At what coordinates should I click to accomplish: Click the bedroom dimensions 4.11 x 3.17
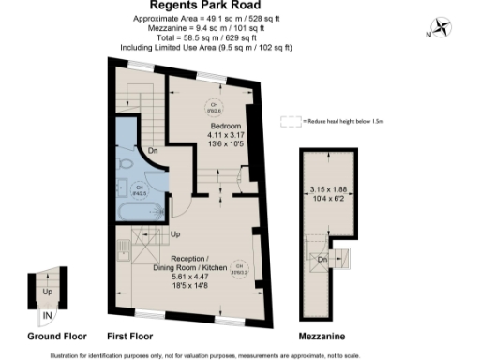[x=225, y=136]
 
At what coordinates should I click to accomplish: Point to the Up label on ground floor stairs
[x=47, y=291]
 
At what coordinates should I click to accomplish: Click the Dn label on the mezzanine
[x=322, y=259]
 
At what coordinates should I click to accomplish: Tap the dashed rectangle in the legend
[x=293, y=121]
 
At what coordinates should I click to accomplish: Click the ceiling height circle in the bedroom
[x=215, y=105]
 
